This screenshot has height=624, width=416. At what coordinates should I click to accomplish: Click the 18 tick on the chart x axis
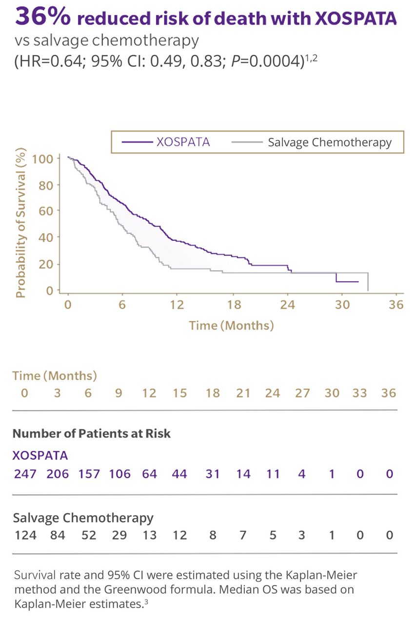coord(235,305)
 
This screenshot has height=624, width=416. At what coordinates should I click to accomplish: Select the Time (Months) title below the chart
coord(231,325)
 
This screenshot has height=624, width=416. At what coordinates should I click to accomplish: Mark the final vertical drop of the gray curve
coord(367,281)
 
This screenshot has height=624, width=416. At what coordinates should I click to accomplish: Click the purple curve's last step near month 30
coord(337,278)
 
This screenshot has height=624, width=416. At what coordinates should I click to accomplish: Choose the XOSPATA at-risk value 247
coord(24,474)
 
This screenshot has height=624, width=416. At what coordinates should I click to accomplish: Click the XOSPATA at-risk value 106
coord(119,474)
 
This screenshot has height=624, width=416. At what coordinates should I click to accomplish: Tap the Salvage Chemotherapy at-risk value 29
coord(119,535)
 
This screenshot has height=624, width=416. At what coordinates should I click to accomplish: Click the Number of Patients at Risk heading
coord(92,433)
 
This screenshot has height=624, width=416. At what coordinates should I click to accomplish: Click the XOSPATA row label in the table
coord(40,455)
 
